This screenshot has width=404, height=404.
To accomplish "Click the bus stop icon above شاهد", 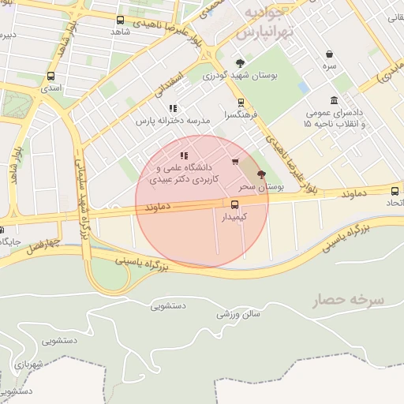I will (120, 20).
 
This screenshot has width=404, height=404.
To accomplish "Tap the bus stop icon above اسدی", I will (51, 77).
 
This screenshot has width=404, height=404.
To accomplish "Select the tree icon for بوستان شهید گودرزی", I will (240, 63).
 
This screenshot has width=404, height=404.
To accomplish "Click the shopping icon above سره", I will (329, 54).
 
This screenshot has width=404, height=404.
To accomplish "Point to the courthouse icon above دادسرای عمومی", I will (335, 100).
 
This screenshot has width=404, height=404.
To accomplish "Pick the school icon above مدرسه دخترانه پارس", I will (173, 108).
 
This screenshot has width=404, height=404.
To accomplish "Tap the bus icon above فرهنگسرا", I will (241, 102).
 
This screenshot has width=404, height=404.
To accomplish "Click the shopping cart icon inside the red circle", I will (235, 162).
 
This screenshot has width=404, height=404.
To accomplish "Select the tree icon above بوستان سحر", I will (261, 174).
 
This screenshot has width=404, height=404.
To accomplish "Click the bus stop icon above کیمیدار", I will (234, 204).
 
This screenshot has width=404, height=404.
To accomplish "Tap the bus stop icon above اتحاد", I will (395, 190).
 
